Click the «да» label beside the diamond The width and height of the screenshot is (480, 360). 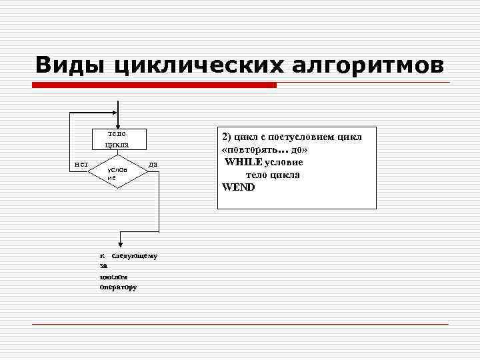[153, 164]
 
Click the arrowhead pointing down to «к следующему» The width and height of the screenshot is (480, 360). [118, 243]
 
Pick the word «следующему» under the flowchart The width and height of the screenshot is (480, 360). [135, 256]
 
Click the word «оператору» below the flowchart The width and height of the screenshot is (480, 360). [118, 287]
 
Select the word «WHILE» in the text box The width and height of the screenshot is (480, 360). [243, 163]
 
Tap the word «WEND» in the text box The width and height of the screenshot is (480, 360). [239, 187]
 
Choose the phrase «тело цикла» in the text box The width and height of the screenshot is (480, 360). [273, 175]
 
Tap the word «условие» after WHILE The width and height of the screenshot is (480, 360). [283, 163]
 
